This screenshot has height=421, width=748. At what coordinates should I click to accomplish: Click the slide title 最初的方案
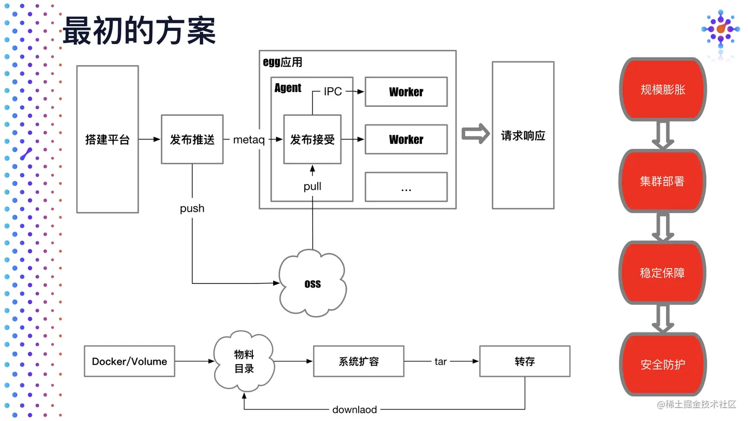[x=139, y=31]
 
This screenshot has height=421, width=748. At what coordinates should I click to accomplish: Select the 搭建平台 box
[x=107, y=139]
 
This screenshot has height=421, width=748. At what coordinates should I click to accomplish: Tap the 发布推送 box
[x=192, y=139]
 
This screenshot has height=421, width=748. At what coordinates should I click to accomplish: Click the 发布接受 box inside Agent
[x=312, y=139]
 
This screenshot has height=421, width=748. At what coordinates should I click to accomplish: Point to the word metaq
[x=249, y=140]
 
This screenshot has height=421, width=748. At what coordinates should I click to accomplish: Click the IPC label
[x=332, y=91]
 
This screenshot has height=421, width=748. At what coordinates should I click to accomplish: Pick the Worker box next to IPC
[x=406, y=92]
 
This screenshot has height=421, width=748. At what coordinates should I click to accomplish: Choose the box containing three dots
[x=406, y=187]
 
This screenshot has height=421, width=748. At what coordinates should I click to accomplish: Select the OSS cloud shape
[x=313, y=283]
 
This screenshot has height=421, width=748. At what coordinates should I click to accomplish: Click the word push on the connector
[x=192, y=208]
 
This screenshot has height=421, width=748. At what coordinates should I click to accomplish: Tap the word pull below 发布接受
[x=312, y=187]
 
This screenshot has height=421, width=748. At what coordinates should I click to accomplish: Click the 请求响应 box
[x=523, y=135]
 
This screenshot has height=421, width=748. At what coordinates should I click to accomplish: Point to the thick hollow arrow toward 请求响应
[x=475, y=134]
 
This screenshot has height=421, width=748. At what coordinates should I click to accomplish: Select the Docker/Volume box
[x=130, y=361]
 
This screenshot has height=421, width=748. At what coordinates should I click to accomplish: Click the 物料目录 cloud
[x=244, y=361]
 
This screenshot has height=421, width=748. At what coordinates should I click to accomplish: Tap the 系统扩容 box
[x=359, y=361]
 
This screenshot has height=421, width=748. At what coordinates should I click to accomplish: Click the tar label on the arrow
[x=440, y=362]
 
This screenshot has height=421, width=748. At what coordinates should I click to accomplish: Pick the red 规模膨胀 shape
[x=663, y=90]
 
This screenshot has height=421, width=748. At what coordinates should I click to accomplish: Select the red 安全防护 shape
[x=663, y=364]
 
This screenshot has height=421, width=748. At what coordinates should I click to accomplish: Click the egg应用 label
[x=282, y=62]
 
